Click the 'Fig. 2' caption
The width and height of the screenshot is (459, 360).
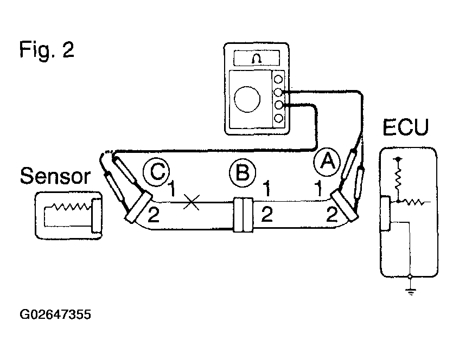click(47, 50)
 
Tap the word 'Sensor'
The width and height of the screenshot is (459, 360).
click(55, 176)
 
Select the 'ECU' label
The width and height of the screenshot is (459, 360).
click(405, 127)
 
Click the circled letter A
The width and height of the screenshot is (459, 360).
click(327, 162)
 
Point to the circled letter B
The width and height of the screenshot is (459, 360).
click(243, 172)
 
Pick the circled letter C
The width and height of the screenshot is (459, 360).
click(157, 172)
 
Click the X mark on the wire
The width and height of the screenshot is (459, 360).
click(192, 202)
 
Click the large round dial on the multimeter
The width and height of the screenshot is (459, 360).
click(247, 99)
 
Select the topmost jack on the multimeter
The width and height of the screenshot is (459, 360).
click(278, 79)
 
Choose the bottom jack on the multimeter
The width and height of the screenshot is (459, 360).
click(278, 118)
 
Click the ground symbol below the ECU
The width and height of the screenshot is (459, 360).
click(411, 291)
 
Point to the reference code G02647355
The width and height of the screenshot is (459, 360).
click(55, 314)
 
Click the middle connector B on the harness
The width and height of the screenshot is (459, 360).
click(243, 215)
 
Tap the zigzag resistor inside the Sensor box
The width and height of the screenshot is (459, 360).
click(71, 207)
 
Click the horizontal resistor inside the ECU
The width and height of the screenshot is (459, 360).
click(413, 202)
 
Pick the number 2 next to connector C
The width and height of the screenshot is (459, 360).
click(154, 214)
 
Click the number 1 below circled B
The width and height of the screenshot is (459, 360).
click(267, 188)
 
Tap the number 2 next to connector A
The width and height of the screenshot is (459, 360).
click(332, 214)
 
